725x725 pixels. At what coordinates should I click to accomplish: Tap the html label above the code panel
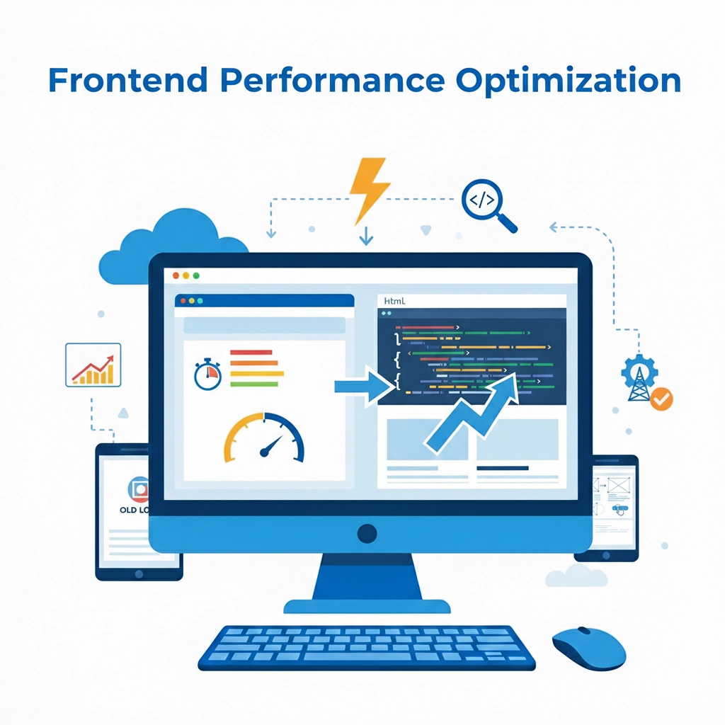coord(394,301)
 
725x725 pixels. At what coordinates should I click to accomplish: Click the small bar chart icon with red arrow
coord(93,365)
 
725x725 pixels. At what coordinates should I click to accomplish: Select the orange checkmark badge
coord(661,399)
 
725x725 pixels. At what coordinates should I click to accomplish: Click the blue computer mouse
coord(588,647)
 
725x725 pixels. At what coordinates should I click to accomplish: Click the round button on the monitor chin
coord(367,533)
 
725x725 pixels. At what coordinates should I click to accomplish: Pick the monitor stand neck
coord(367,577)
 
